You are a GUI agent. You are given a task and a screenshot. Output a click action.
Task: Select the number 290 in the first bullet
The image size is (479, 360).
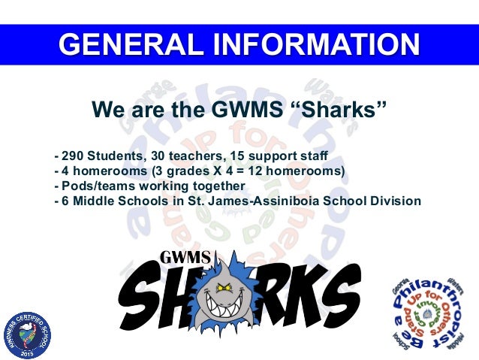click(73, 157)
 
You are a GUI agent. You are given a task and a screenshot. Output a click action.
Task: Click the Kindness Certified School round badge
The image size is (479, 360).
click(26, 331)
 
